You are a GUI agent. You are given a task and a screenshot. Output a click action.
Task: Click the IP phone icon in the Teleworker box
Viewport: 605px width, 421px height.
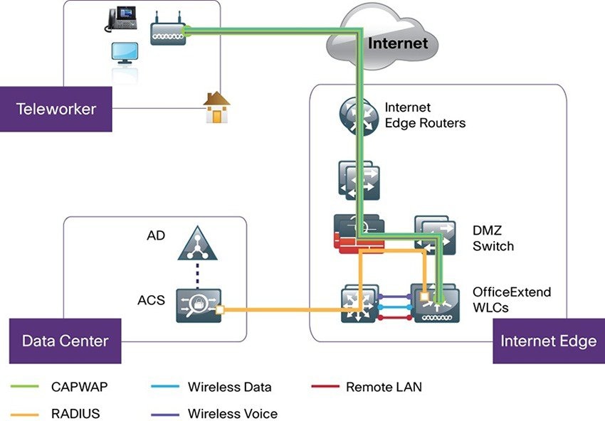(120, 20)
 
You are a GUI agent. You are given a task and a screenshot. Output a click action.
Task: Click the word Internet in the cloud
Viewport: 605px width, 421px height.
(398, 43)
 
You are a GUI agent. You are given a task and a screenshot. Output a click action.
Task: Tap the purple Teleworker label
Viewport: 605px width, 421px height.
(56, 109)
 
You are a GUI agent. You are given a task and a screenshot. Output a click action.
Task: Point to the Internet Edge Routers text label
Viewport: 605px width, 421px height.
(424, 115)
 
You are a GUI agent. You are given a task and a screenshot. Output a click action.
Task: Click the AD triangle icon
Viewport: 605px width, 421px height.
(196, 245)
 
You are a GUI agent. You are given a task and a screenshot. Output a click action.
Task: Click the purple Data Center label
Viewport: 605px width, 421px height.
(65, 341)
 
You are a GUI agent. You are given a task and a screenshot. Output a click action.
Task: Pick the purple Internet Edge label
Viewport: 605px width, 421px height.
(548, 341)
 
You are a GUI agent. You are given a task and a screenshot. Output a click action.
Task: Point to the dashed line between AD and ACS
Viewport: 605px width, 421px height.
(197, 274)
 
